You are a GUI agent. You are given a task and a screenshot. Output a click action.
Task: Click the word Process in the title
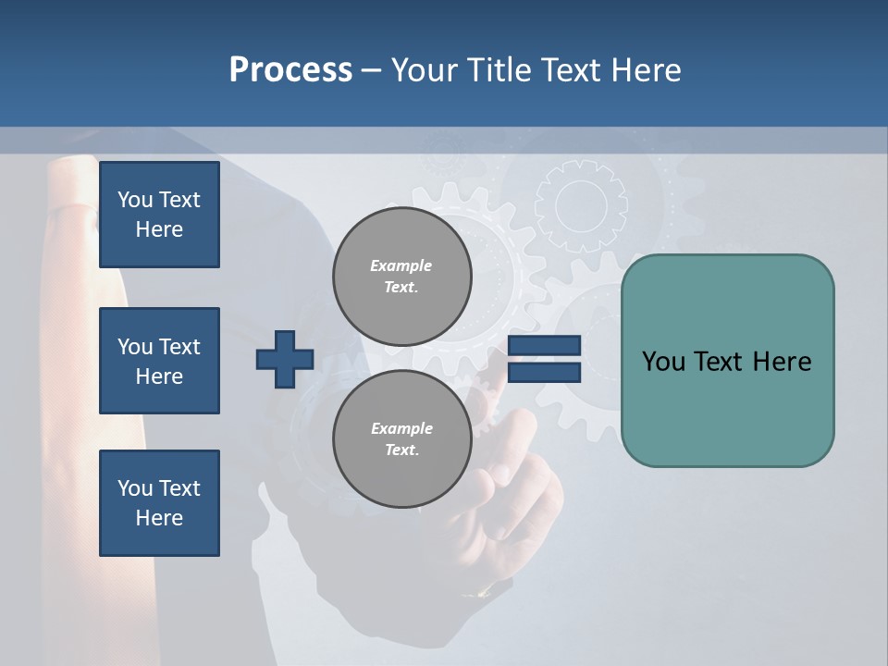coord(290,70)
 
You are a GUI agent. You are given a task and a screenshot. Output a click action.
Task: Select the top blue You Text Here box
coord(159,215)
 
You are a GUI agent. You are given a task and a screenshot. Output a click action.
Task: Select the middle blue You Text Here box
coord(159,361)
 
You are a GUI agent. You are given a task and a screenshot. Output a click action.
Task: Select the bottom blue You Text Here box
coord(159,503)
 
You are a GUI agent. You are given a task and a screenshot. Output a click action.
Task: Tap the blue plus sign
coord(285,359)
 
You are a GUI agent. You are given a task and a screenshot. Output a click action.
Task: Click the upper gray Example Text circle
coord(401,277)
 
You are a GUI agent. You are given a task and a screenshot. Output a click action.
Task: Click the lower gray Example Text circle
coord(401,439)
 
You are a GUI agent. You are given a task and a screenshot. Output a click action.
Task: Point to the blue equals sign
coord(545,359)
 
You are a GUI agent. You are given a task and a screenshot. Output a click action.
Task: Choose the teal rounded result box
coord(727,361)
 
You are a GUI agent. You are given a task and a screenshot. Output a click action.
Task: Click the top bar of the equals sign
coord(545,346)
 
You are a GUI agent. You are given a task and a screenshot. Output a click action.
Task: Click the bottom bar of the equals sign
coord(545,373)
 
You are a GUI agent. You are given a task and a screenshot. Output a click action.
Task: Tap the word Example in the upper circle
coord(401,265)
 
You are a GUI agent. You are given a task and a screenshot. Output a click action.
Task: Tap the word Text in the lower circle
coord(401,450)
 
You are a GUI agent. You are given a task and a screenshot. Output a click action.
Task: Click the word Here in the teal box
coord(782,362)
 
